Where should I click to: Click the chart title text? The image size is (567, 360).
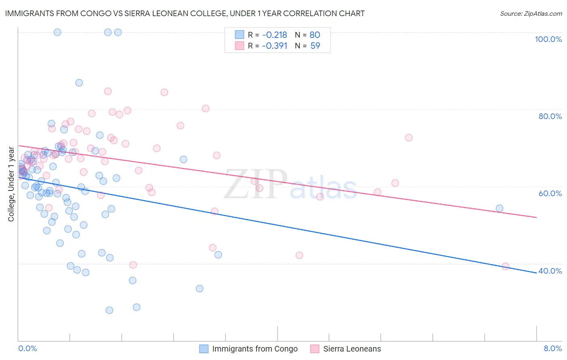[x=185, y=13]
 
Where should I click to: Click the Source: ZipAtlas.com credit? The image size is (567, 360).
[x=531, y=13]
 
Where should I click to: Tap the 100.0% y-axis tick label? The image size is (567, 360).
[x=548, y=39]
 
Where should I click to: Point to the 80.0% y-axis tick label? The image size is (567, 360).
[x=550, y=116]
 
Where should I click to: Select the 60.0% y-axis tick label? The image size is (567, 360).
[x=550, y=193]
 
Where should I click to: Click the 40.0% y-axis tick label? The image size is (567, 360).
[x=550, y=271]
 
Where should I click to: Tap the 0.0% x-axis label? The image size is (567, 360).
[x=27, y=348]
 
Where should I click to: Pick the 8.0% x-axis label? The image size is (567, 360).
[x=552, y=348]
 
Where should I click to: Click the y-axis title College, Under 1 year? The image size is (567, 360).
[x=11, y=184]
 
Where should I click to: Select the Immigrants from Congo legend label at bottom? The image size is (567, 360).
[x=254, y=349]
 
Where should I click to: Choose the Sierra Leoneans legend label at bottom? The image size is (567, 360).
[x=352, y=349]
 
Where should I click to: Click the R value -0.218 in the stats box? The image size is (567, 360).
[x=274, y=35]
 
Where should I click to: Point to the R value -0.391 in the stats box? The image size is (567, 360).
[x=274, y=46]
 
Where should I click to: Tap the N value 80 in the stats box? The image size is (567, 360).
[x=315, y=35]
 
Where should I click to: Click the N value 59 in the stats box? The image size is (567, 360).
[x=315, y=46]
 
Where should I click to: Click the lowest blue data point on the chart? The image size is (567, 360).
[x=109, y=310]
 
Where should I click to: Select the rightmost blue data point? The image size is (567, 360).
[x=499, y=208]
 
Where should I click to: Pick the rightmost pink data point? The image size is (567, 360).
[x=505, y=266]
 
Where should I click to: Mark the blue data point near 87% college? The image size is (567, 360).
[x=79, y=83]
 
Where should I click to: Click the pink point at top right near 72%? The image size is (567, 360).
[x=409, y=138]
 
